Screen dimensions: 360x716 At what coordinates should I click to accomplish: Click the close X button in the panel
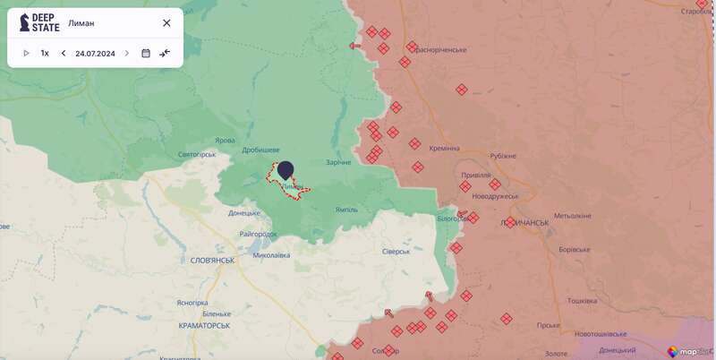coord(166,23)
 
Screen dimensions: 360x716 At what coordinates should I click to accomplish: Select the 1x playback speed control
coord(45,53)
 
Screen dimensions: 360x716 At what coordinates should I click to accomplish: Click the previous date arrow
coord(64,53)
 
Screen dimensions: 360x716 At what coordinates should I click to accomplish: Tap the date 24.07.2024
coord(95,53)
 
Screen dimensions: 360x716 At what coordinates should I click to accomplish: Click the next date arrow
coord(126,53)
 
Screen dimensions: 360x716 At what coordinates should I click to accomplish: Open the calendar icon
coord(146,53)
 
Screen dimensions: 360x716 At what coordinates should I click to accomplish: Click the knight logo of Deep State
coord(24,22)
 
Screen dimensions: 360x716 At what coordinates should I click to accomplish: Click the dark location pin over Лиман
coord(286,170)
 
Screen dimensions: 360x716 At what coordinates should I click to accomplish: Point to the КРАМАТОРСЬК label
coord(204,325)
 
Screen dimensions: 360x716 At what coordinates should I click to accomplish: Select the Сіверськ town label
coord(395,251)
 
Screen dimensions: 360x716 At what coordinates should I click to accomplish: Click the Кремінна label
coord(444,148)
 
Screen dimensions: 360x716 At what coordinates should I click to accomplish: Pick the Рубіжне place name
coord(504,156)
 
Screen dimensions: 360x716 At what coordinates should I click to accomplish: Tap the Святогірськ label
coord(198,154)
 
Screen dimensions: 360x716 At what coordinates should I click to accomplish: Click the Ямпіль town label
coord(345,210)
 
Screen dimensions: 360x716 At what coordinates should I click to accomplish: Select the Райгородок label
coord(259,234)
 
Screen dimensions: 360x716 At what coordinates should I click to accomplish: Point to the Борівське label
coord(574,250)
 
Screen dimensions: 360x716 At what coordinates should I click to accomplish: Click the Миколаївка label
coord(272,255)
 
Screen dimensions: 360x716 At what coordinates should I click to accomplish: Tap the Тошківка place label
coord(582,301)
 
